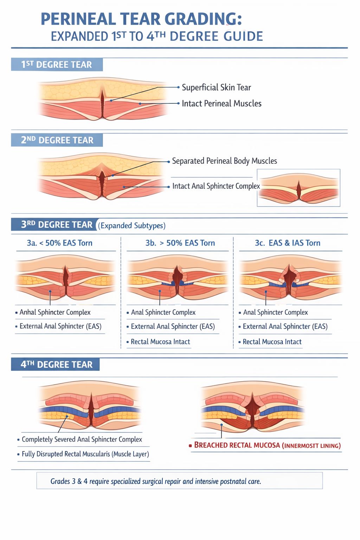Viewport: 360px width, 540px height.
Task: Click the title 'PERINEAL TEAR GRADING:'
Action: pyautogui.click(x=141, y=19)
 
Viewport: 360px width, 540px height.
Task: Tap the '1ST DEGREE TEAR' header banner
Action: pyautogui.click(x=57, y=64)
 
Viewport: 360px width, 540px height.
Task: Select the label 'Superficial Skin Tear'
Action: pyautogui.click(x=216, y=87)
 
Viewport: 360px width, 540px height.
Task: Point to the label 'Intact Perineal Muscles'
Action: pyautogui.click(x=221, y=103)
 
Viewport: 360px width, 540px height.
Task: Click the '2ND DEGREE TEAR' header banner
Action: pyautogui.click(x=57, y=140)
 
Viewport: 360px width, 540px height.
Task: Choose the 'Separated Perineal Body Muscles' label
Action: pyautogui.click(x=225, y=161)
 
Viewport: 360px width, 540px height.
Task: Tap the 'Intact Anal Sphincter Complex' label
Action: pyautogui.click(x=216, y=186)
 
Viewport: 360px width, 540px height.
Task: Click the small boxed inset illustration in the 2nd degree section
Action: pyautogui.click(x=298, y=188)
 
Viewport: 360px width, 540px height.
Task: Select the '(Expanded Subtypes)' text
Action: pyautogui.click(x=131, y=226)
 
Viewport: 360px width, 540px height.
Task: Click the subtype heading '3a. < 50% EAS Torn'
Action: pyautogui.click(x=59, y=243)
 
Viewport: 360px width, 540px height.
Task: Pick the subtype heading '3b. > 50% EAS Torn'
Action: pyautogui.click(x=180, y=243)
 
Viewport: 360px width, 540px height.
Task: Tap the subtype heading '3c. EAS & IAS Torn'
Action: pyautogui.click(x=288, y=243)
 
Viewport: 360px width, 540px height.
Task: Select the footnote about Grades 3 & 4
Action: pyautogui.click(x=156, y=481)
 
